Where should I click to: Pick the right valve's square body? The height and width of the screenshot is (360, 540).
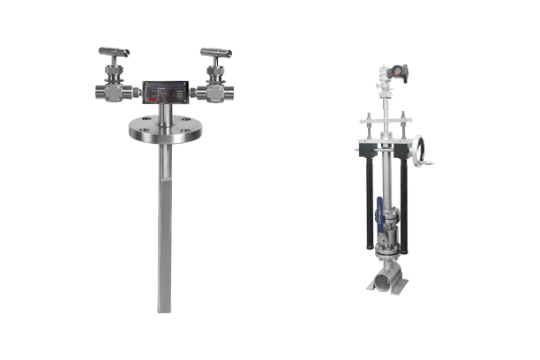pos(214,91)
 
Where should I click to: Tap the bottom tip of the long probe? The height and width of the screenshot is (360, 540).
pos(163,308)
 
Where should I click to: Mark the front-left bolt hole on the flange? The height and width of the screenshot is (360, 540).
pos(144,138)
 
